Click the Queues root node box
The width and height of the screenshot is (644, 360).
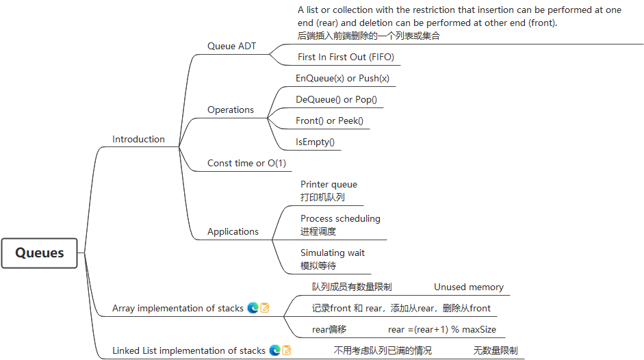coord(40,253)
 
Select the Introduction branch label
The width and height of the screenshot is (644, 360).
coord(138,139)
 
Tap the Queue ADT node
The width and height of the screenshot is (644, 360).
coord(231,46)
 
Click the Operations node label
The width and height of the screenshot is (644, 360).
coord(231,110)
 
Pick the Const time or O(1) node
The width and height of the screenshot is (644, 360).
coord(246,163)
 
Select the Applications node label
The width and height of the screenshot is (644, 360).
coord(233,231)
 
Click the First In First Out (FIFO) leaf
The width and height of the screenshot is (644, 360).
coord(346,57)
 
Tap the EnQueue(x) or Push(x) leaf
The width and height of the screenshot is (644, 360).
coord(342,78)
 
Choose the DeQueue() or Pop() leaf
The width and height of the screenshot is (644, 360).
coord(336,99)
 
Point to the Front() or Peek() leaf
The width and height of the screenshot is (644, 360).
coord(329,120)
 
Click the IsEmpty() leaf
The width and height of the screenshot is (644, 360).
coord(315,142)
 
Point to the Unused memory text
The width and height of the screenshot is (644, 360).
coord(469,287)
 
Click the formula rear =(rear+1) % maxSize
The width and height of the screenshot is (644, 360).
coord(442,329)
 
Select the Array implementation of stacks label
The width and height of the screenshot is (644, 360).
coord(178,308)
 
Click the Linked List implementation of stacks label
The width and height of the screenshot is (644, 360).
coord(189,350)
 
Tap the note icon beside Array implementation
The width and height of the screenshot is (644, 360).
coord(265,308)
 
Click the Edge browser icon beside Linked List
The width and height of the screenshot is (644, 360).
coord(274,350)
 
